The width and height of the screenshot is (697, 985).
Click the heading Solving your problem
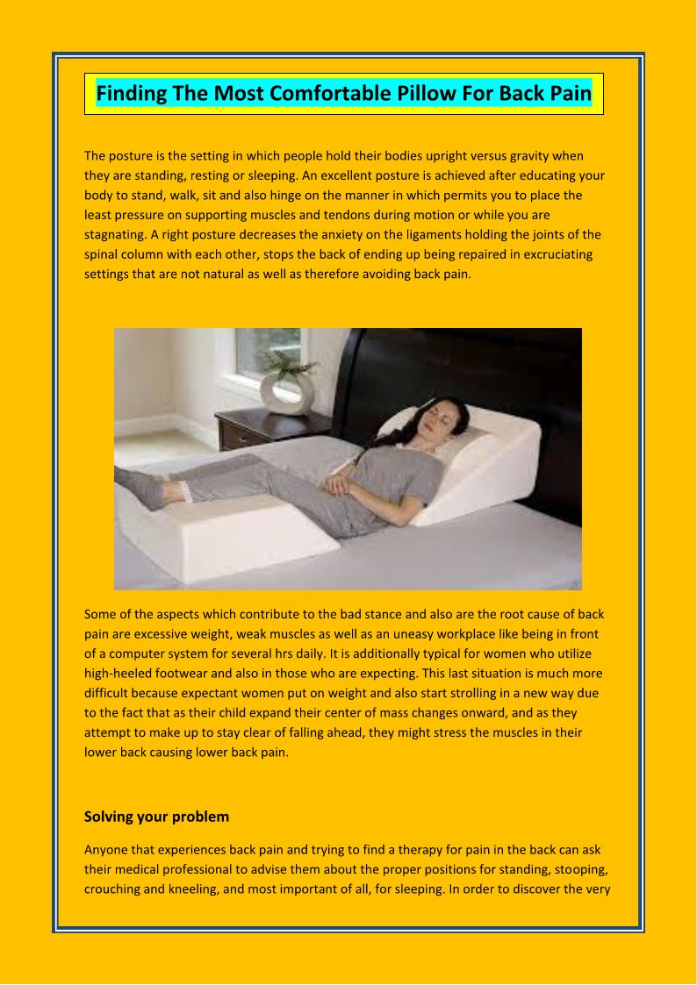point(156,817)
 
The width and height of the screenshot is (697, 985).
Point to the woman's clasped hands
point(338,482)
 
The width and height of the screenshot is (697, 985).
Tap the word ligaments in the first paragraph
point(426,234)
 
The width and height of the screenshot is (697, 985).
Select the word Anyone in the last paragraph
point(104,850)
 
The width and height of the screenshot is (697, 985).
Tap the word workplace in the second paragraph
point(505,634)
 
